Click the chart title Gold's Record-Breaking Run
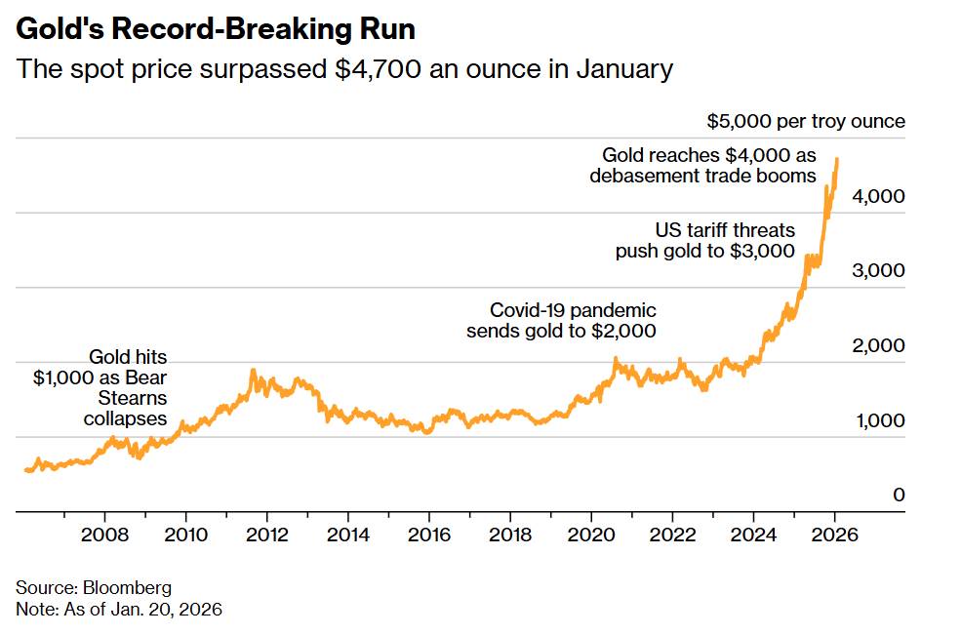coord(216,29)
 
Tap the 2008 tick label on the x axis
coord(104,535)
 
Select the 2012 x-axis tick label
coord(266,535)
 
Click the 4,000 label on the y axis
coord(879,196)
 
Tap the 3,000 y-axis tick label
coord(879,271)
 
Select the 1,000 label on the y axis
coord(879,421)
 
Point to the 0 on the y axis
coord(899,496)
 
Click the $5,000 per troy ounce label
coord(806,122)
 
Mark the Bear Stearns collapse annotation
coord(100,388)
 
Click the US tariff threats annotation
coord(704,241)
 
